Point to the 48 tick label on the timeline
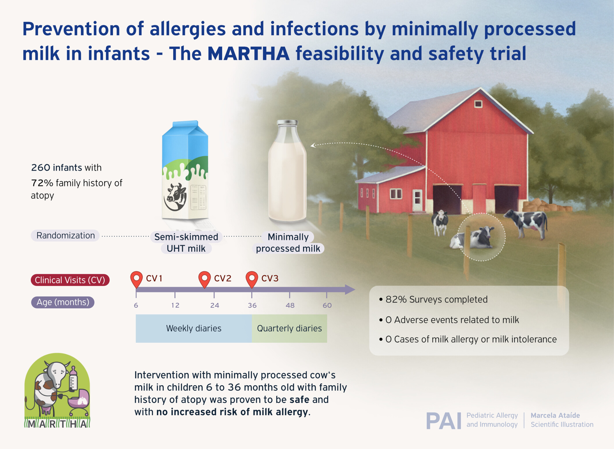click(290, 305)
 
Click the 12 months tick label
click(175, 305)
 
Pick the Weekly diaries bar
click(194, 328)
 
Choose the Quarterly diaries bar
click(289, 328)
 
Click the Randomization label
click(65, 235)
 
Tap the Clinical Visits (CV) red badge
click(70, 280)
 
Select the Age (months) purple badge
click(63, 302)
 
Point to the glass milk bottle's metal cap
click(287, 123)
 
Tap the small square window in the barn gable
click(478, 104)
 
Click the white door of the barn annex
click(417, 200)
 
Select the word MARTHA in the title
click(248, 54)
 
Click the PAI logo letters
click(444, 421)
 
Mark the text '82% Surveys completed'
click(436, 300)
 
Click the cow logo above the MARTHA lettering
click(57, 387)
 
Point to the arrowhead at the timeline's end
click(350, 289)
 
